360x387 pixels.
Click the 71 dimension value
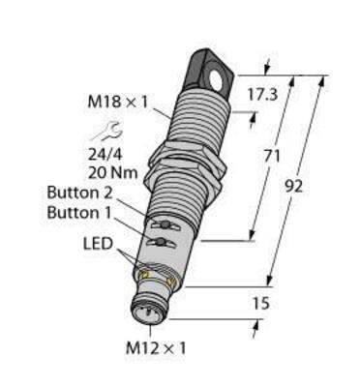point(277,154)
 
